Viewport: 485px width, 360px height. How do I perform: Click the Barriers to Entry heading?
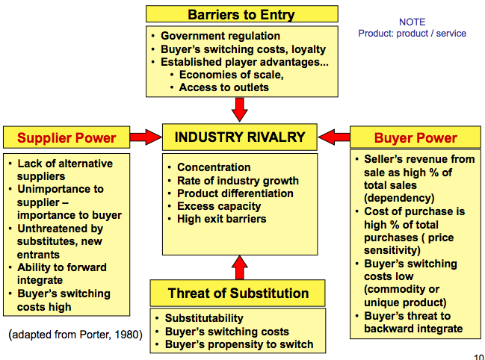(241, 14)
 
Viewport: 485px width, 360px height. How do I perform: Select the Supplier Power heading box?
(67, 137)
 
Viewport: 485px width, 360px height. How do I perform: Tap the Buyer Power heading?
(415, 137)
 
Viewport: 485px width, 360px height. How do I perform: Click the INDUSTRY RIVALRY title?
(240, 137)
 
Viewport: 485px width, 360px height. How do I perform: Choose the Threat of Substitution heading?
(238, 293)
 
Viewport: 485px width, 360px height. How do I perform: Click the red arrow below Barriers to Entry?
(240, 109)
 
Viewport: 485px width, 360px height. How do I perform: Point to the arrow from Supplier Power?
(146, 137)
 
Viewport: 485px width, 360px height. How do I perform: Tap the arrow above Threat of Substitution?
(239, 267)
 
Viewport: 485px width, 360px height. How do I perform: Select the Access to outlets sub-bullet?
(223, 87)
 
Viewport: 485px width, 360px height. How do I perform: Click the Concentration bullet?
(213, 167)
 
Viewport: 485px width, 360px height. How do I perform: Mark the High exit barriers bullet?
(221, 219)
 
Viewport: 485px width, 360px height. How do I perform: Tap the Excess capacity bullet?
(219, 206)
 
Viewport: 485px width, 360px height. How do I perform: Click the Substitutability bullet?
(204, 318)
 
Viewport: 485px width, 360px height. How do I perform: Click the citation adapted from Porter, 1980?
(76, 335)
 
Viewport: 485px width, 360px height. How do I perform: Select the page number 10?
(478, 356)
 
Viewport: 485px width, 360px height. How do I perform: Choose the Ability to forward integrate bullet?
(62, 274)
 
